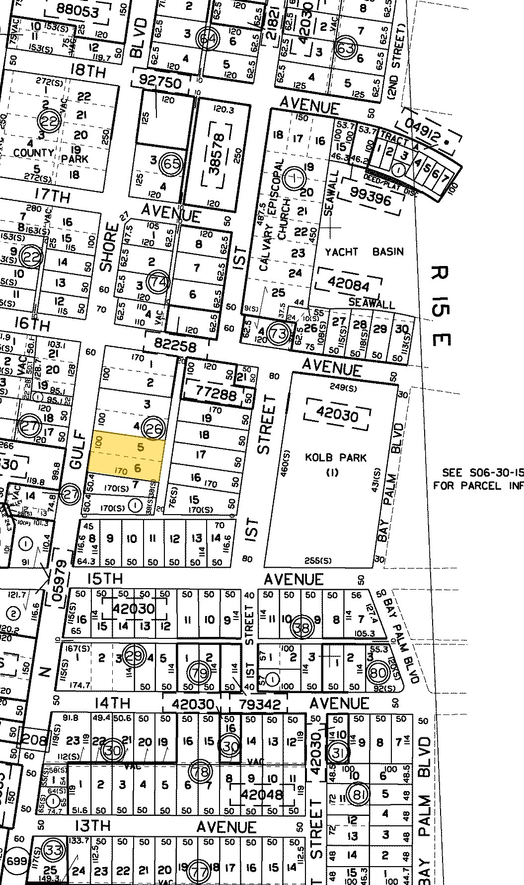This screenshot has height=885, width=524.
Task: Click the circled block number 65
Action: click(x=171, y=163)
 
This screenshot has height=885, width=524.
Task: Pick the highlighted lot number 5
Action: click(x=141, y=447)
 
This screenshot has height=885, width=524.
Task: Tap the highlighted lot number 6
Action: click(x=138, y=468)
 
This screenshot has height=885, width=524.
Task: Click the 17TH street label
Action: click(x=53, y=197)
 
